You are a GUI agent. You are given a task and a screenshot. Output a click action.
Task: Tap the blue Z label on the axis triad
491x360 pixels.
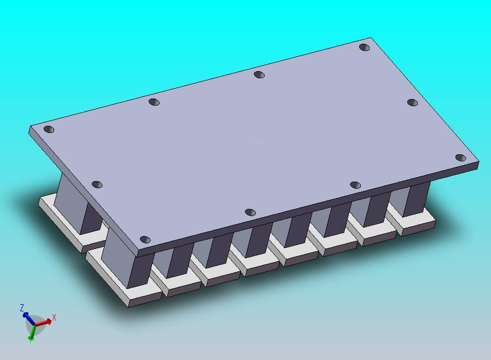point(22,308)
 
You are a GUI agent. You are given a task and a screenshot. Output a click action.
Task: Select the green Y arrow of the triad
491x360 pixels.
point(32,333)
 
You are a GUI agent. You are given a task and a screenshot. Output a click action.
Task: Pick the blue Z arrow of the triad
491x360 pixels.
point(27,317)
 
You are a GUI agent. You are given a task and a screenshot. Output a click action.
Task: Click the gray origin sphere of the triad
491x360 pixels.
point(34,324)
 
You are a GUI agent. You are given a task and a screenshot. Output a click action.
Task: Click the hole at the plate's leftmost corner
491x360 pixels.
point(49,130)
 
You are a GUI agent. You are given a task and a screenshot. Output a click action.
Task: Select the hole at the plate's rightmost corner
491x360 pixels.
point(460,158)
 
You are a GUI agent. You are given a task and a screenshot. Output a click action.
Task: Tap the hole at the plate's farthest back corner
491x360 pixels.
point(364,48)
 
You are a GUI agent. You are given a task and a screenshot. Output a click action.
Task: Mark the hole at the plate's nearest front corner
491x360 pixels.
point(145,240)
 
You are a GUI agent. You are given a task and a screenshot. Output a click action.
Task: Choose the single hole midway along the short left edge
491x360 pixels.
point(97,184)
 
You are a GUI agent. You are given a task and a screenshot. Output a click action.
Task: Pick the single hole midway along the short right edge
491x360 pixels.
point(412,102)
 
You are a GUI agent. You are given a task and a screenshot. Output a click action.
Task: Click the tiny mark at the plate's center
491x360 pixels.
point(259,142)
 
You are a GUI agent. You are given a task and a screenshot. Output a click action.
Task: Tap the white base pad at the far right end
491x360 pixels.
point(418,223)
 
